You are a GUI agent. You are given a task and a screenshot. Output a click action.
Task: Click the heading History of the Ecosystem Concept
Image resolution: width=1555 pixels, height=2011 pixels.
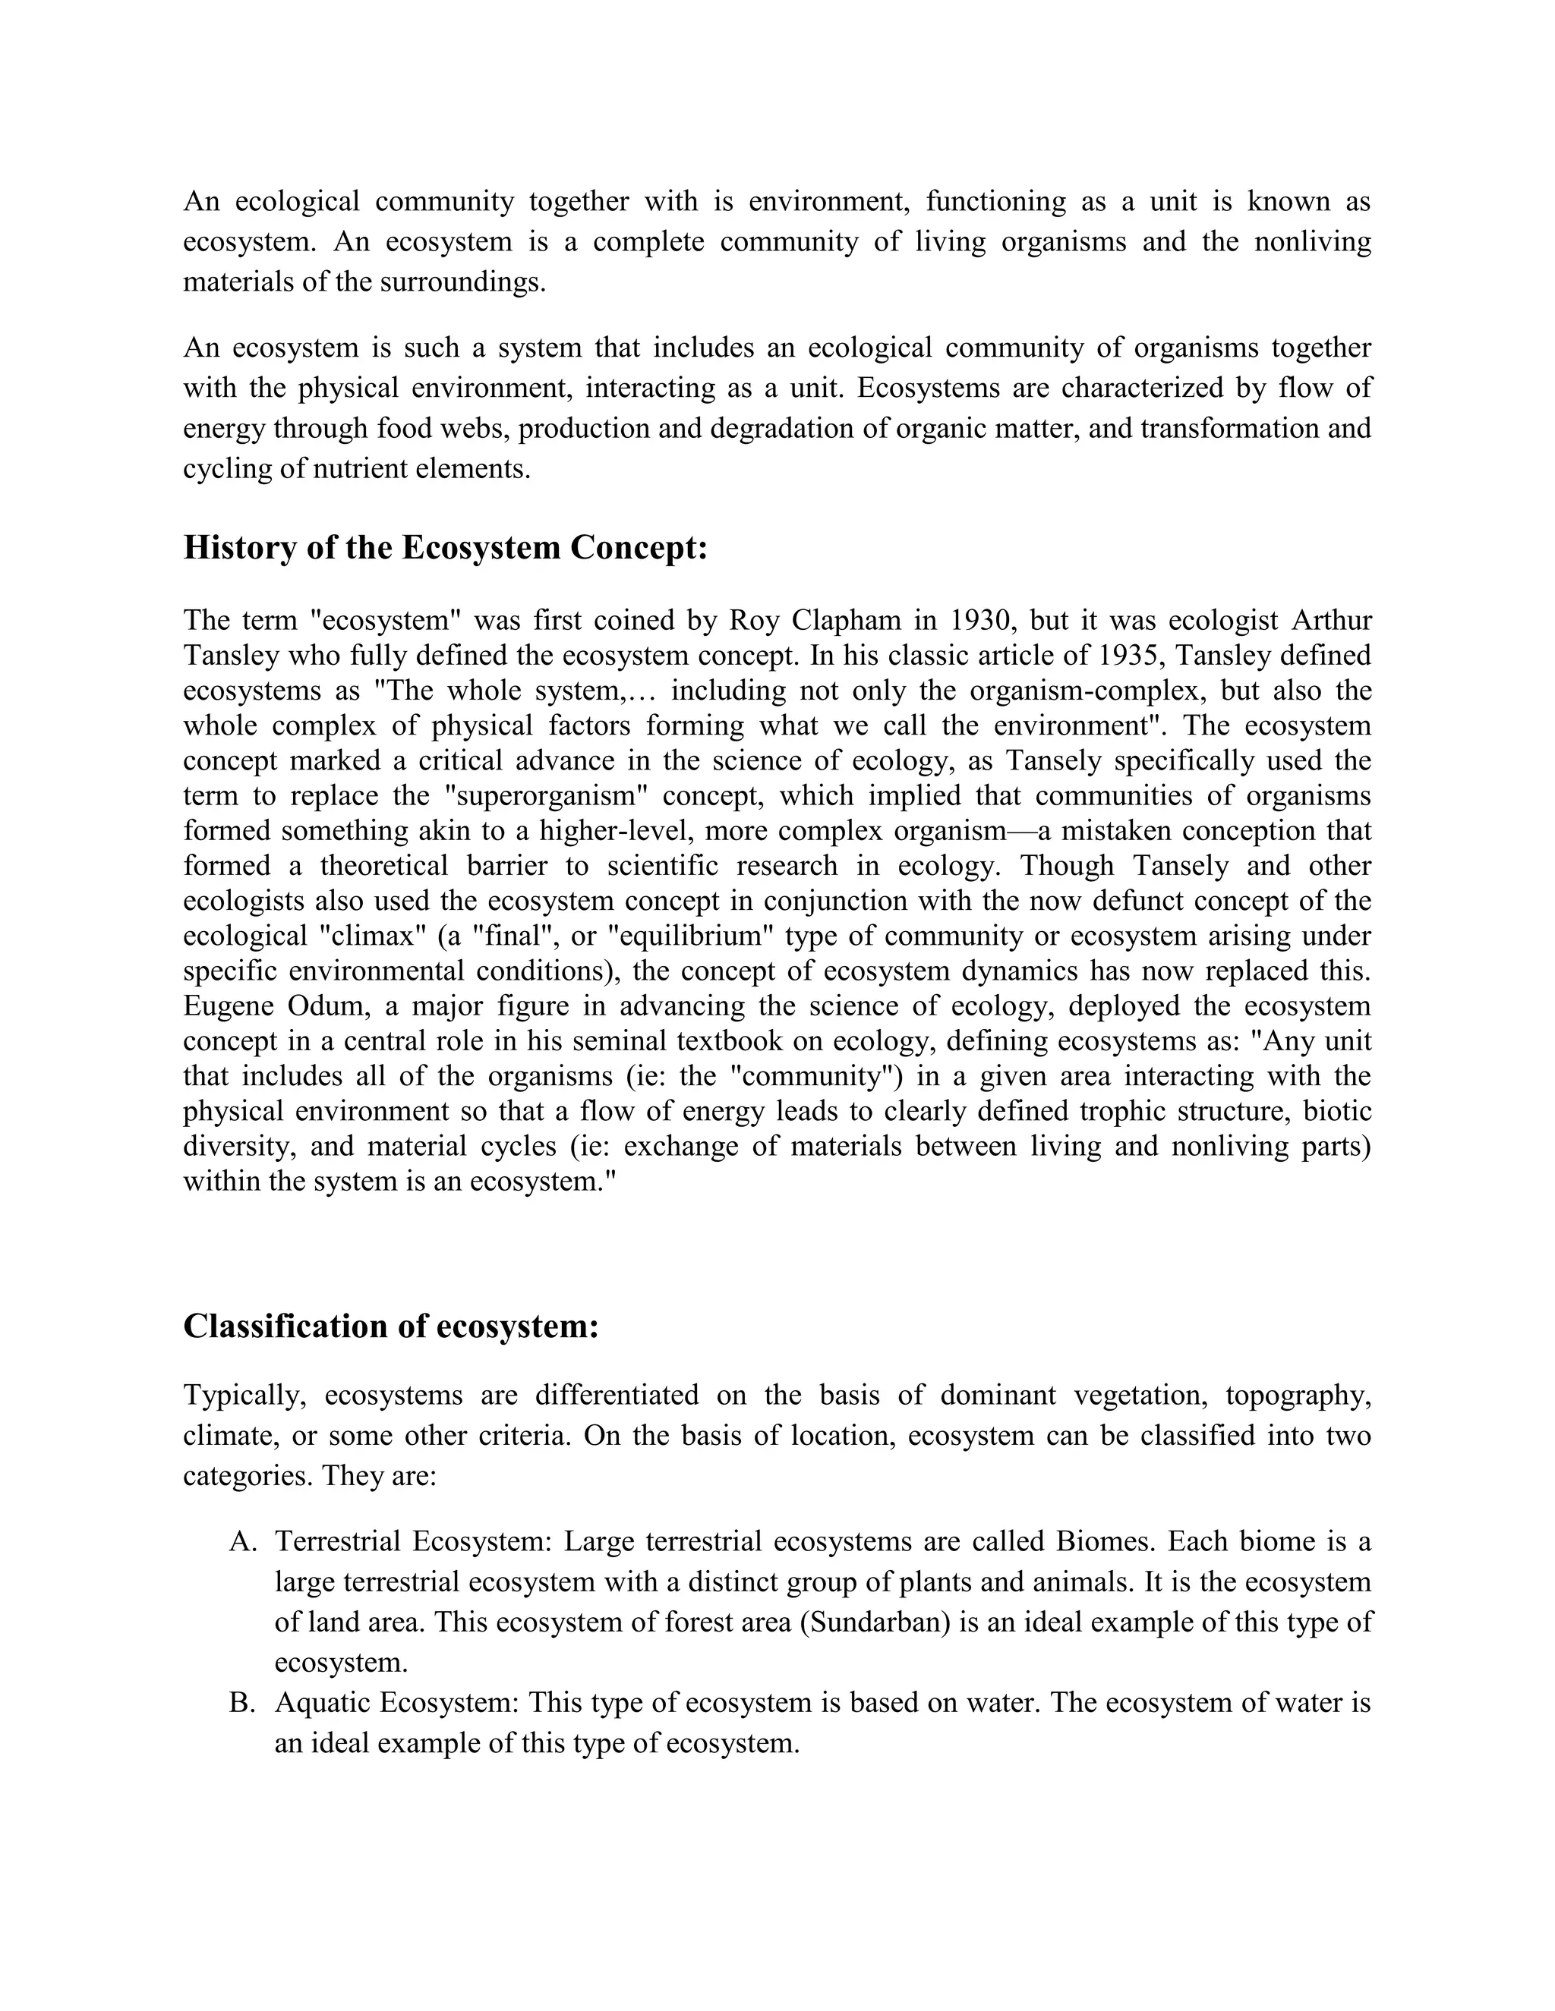click(x=445, y=548)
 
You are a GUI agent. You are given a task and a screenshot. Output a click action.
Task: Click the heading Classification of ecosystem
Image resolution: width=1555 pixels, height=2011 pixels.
click(x=390, y=1327)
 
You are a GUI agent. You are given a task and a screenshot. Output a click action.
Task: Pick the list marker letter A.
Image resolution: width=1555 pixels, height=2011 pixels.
click(x=241, y=1541)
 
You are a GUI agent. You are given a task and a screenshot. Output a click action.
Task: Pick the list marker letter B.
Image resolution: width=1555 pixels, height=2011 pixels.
click(x=241, y=1703)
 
